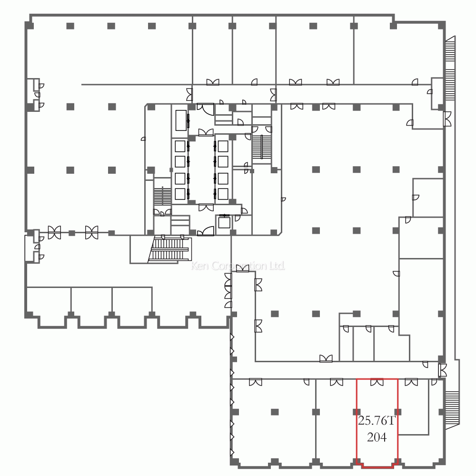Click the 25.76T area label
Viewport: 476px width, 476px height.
[x=377, y=421]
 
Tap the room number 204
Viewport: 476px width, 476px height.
[x=377, y=436]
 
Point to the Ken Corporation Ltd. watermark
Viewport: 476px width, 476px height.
[x=238, y=266]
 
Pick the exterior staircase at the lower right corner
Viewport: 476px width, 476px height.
[x=451, y=407]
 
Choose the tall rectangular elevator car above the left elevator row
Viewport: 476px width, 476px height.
[x=181, y=119]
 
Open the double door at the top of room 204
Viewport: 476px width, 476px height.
[x=377, y=382]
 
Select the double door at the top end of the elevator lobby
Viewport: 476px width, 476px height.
[x=206, y=132]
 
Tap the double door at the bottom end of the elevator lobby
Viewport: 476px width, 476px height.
[x=206, y=207]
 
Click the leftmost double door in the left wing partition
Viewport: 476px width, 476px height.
[x=54, y=232]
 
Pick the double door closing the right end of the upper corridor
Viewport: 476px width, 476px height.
[x=447, y=118]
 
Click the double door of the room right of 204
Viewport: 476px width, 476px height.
[x=411, y=382]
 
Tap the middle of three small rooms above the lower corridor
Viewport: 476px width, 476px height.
[x=363, y=343]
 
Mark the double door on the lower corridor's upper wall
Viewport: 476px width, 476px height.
[x=326, y=358]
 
